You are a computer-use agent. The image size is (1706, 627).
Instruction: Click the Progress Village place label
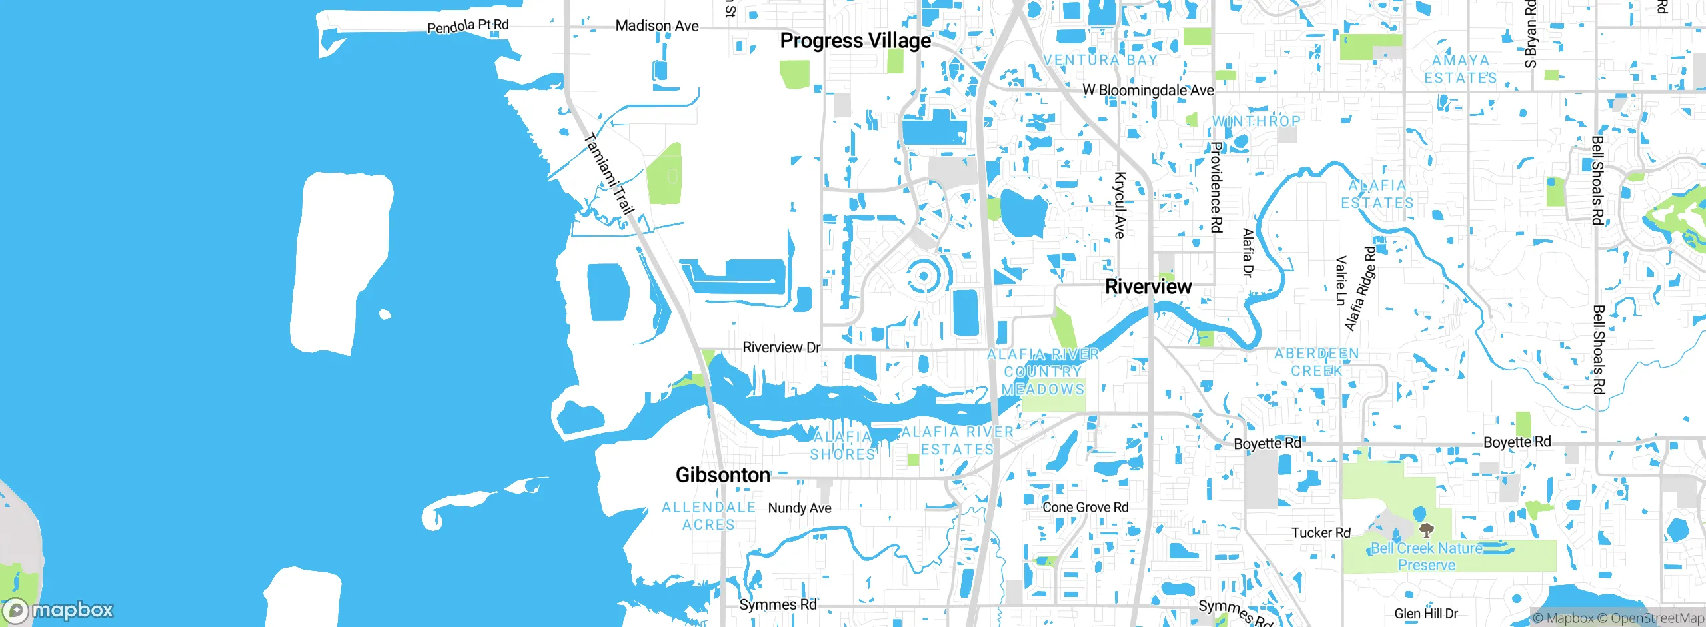point(856,41)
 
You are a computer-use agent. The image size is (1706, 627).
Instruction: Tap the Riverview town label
point(1148,287)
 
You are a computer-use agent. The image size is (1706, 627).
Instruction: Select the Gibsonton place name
point(723,475)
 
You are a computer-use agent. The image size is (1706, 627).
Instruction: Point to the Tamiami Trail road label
point(608,174)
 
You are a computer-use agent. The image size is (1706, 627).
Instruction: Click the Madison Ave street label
point(657,26)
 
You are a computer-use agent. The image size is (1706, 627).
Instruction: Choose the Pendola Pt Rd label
point(468,26)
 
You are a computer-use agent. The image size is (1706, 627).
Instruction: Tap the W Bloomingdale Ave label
point(1148,90)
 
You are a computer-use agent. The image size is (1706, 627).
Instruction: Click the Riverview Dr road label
point(782,348)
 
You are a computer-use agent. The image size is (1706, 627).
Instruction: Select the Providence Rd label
point(1216,187)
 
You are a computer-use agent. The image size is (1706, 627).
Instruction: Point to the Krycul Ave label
point(1120,205)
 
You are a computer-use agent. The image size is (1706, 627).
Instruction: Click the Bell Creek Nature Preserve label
point(1427,557)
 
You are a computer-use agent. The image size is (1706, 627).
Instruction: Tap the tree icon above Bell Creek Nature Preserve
point(1426,530)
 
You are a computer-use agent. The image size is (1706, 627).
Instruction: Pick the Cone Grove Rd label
point(1086,508)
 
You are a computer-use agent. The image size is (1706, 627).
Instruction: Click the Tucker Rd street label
point(1321,533)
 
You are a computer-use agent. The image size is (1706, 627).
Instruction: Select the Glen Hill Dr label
point(1426,614)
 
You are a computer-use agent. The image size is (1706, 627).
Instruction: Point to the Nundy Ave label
point(800,508)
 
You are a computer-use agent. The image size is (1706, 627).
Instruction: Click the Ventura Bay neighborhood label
point(1100,60)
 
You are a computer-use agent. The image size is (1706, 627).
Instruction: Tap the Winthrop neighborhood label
point(1256,121)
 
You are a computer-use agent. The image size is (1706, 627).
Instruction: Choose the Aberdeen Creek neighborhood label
point(1317,362)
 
